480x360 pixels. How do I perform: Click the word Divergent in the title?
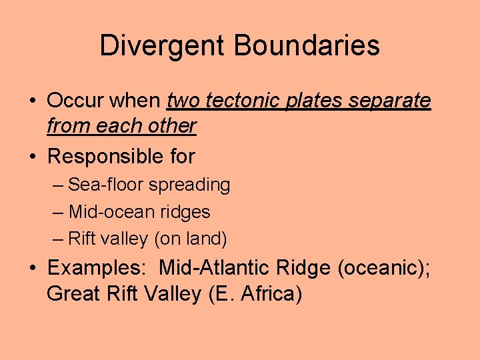point(163,46)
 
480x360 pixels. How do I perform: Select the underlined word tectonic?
point(247,101)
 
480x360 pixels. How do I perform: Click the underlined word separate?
point(397,101)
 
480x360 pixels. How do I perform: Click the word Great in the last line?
point(73,293)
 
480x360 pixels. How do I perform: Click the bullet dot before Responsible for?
point(33,157)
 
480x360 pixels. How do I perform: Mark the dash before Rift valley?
point(58,239)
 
